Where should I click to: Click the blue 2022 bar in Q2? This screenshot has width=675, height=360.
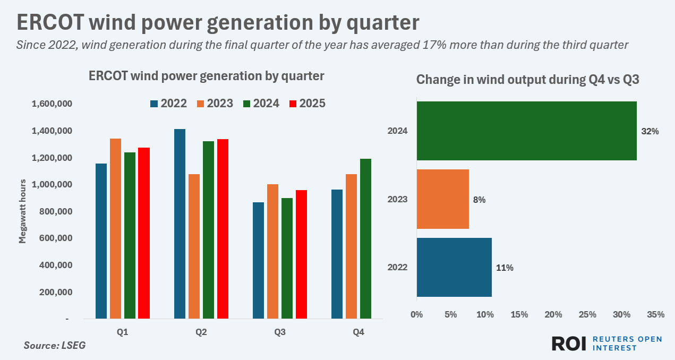coord(180,224)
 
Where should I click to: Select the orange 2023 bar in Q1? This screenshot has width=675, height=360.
coord(115,228)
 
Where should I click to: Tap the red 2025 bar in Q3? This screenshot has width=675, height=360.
coord(301,254)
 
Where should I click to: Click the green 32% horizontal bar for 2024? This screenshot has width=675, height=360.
coord(526,131)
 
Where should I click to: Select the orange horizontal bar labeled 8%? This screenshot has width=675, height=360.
coord(442,199)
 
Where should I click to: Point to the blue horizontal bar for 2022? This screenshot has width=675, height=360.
coord(454,267)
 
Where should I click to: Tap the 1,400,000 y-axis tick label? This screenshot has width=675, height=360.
coord(52,131)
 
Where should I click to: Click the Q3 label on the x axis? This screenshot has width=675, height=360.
coord(280,333)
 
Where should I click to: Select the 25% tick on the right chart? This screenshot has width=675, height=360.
coord(587,314)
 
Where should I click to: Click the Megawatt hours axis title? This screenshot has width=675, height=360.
coord(22,211)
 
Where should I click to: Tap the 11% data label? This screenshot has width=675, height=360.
coord(505,268)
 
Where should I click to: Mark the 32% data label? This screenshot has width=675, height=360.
coord(650,131)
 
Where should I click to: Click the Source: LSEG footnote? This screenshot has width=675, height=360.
coord(54,346)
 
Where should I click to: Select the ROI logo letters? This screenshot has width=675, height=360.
coord(569,344)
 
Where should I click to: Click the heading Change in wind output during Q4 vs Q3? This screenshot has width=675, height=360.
coord(527,80)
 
